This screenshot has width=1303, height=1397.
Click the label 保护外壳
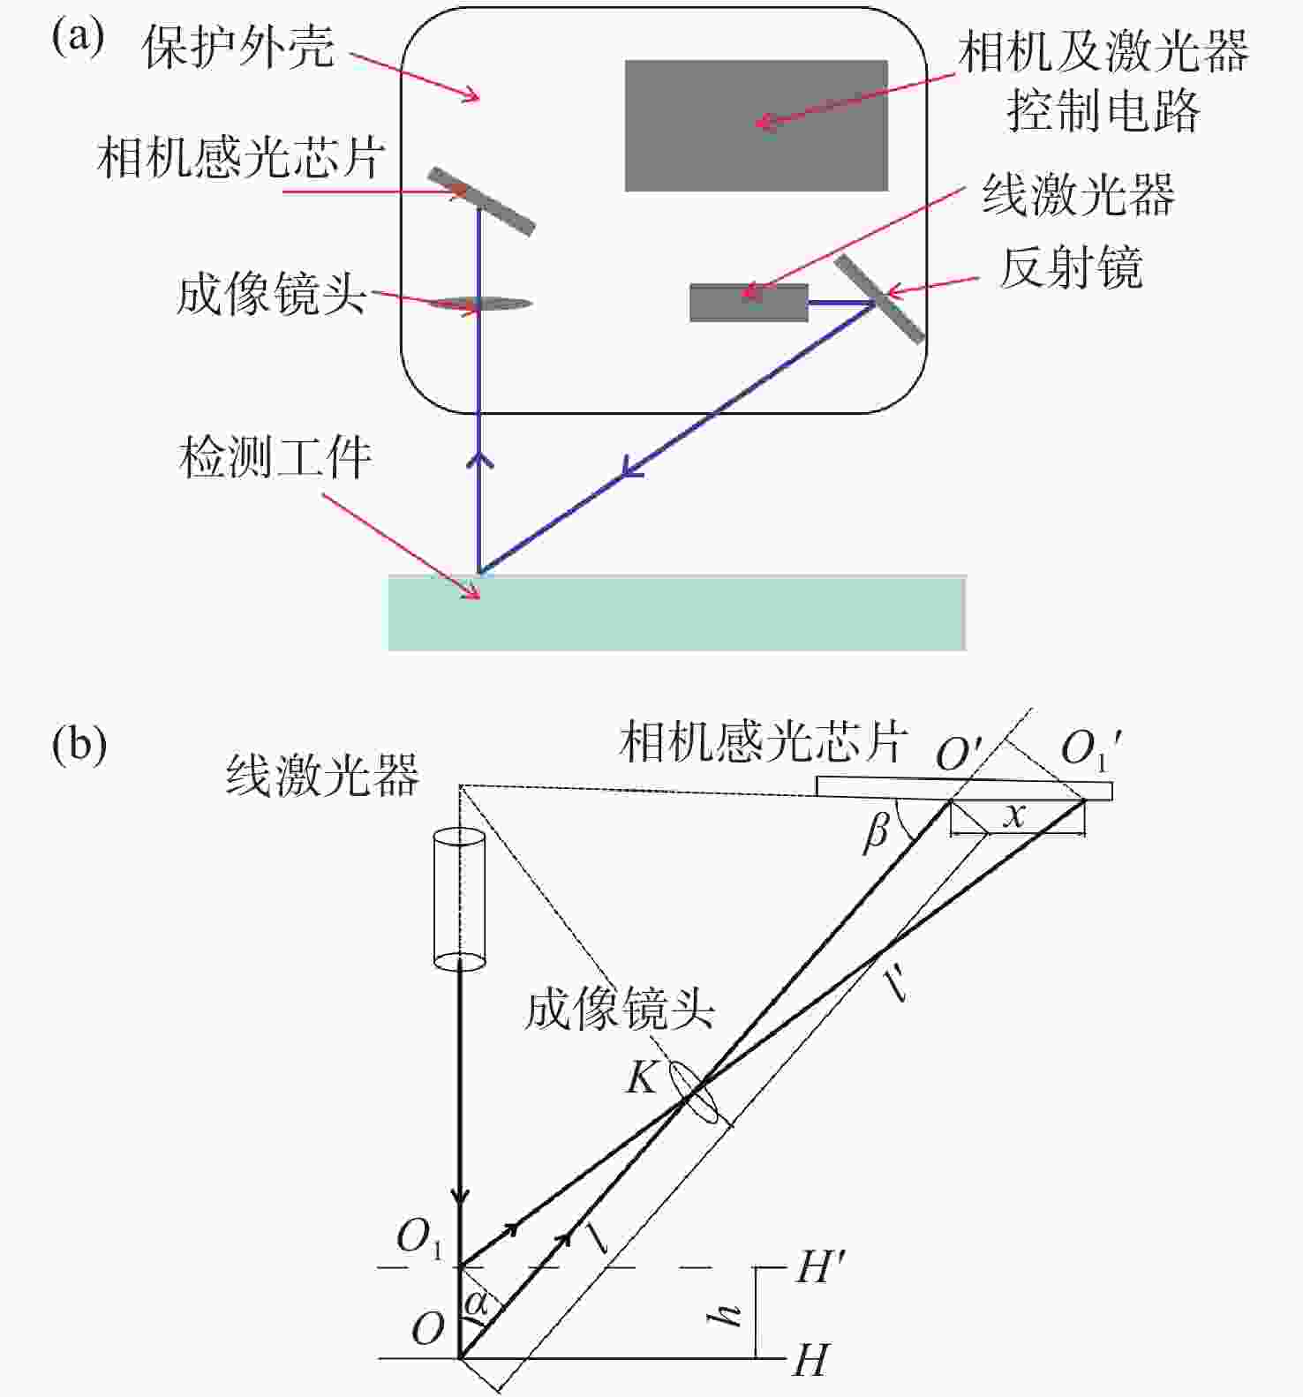(238, 47)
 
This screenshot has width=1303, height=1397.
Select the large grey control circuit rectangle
(757, 125)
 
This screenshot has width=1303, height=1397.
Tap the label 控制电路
(1103, 111)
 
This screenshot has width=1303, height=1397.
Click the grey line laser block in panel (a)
(749, 303)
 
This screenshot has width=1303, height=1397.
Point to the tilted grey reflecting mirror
(879, 298)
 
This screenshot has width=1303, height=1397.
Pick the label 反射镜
(1071, 267)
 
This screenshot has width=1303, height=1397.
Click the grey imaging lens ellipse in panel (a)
(480, 304)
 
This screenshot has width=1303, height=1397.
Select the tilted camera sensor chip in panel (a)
(481, 201)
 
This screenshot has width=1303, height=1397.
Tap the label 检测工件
(275, 458)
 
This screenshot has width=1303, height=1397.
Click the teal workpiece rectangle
(677, 612)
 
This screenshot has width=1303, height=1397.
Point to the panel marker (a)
(79, 38)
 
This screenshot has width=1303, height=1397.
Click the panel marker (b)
(79, 746)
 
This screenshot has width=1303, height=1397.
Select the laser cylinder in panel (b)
(459, 899)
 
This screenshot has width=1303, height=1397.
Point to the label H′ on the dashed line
(821, 1268)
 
